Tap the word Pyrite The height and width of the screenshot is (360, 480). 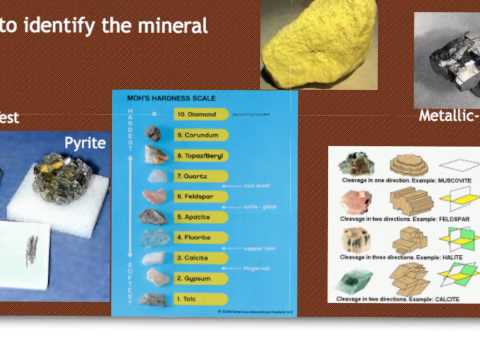[85, 143]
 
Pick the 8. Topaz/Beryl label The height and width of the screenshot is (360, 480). [201, 154]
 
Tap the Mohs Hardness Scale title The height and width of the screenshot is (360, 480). [160, 98]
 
